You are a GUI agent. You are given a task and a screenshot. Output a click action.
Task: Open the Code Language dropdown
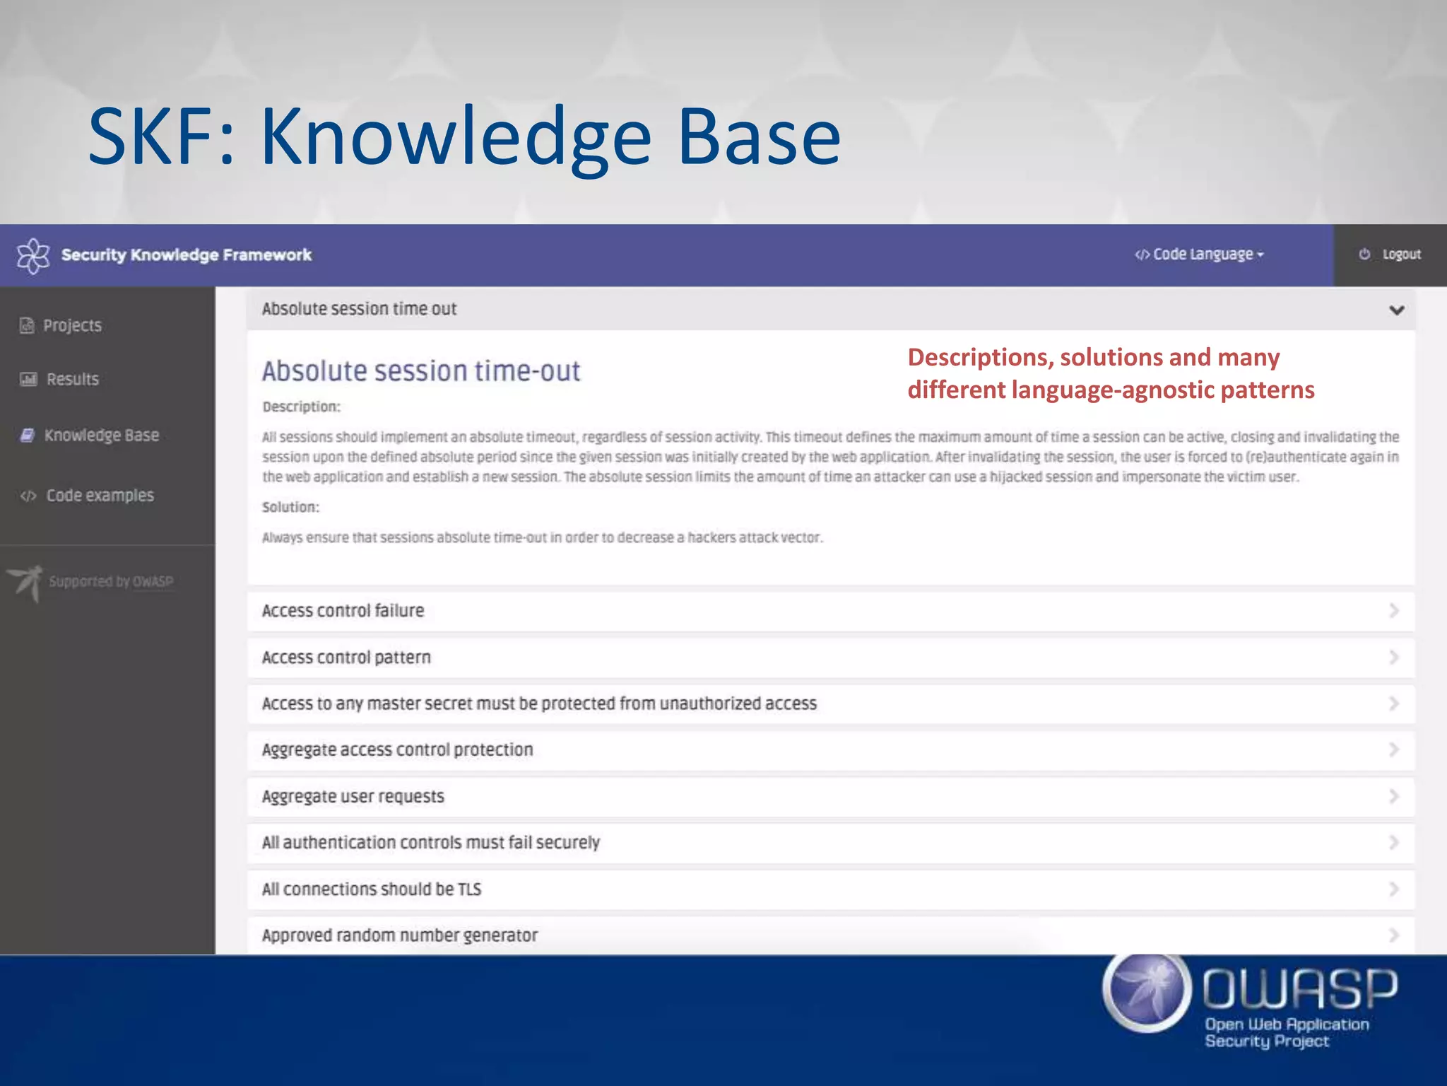[1200, 255]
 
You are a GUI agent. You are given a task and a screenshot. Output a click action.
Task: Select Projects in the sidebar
[71, 325]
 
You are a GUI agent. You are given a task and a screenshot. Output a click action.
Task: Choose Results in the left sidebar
[71, 379]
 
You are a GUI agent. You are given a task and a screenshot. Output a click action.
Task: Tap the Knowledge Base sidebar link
[100, 435]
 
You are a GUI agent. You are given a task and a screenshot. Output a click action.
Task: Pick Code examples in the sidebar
[99, 495]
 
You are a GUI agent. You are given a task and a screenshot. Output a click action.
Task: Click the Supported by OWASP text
[111, 581]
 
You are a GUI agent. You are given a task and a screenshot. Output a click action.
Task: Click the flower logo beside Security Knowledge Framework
[33, 255]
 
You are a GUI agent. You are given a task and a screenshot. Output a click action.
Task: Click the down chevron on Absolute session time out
[1396, 310]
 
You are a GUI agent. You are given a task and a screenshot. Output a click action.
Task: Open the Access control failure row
[343, 610]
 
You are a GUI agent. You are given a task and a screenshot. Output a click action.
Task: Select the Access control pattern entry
[346, 657]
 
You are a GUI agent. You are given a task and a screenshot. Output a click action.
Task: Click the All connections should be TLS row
[372, 889]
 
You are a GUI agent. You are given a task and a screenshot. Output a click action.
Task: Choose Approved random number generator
[400, 935]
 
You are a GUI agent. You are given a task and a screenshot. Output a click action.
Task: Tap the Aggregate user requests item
[353, 796]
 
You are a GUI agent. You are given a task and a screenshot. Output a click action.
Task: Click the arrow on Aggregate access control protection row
[1393, 749]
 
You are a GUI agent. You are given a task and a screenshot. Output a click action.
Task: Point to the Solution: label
[290, 507]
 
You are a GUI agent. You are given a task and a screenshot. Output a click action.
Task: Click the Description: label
[301, 407]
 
